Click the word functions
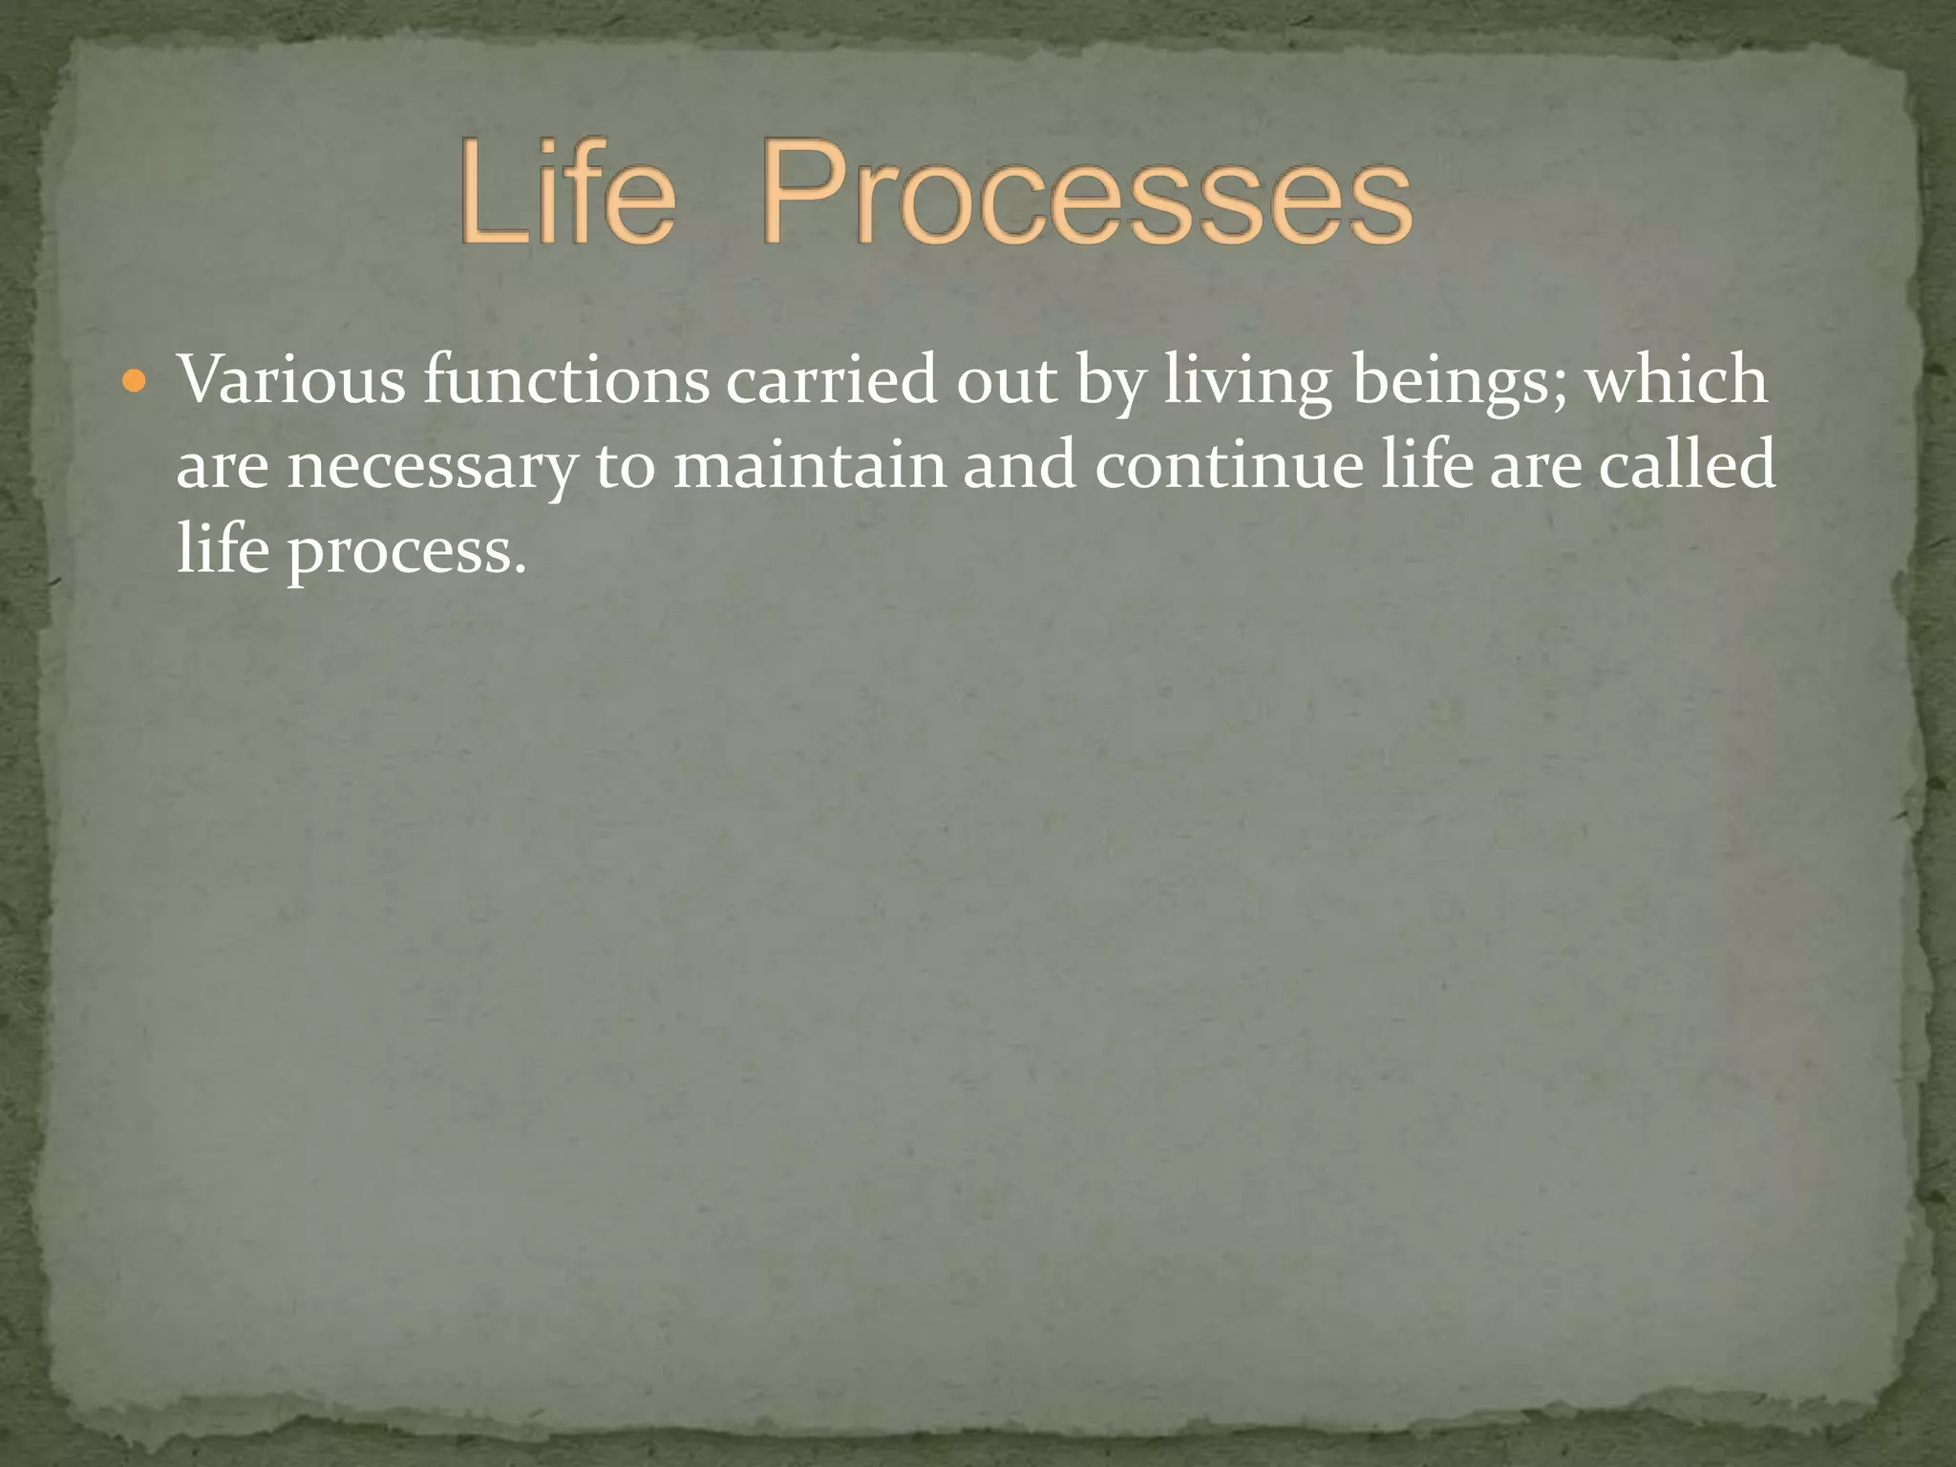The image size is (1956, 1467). coord(566,380)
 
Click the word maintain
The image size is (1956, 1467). coord(809,465)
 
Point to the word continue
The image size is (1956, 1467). coord(1228,465)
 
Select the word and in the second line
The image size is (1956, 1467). coord(1019,465)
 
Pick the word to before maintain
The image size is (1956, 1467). coord(625,467)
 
